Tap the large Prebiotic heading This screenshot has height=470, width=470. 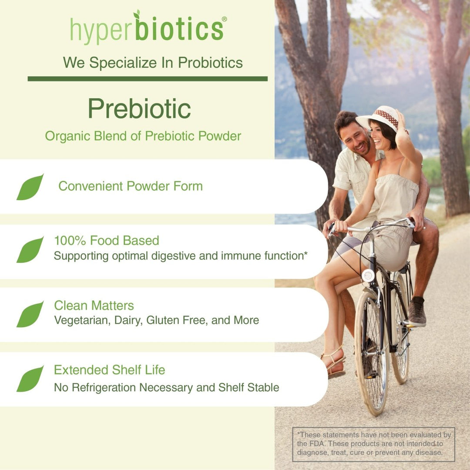pyautogui.click(x=139, y=108)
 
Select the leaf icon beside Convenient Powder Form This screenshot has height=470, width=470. pyautogui.click(x=30, y=187)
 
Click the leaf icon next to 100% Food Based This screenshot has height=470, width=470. pyautogui.click(x=30, y=250)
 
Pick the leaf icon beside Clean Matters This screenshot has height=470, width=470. pyautogui.click(x=30, y=314)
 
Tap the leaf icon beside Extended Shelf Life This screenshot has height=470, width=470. pyautogui.click(x=30, y=379)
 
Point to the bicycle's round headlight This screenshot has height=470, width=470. pyautogui.click(x=369, y=275)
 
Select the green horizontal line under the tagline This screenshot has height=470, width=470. pyautogui.click(x=148, y=79)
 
